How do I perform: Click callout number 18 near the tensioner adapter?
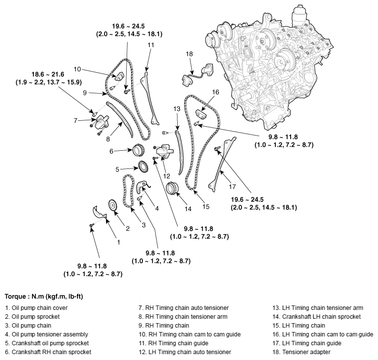(189, 54)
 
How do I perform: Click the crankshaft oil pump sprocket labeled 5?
(143, 167)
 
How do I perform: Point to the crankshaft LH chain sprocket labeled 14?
(173, 189)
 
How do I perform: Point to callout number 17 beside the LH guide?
(232, 187)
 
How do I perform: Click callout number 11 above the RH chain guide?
(151, 45)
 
